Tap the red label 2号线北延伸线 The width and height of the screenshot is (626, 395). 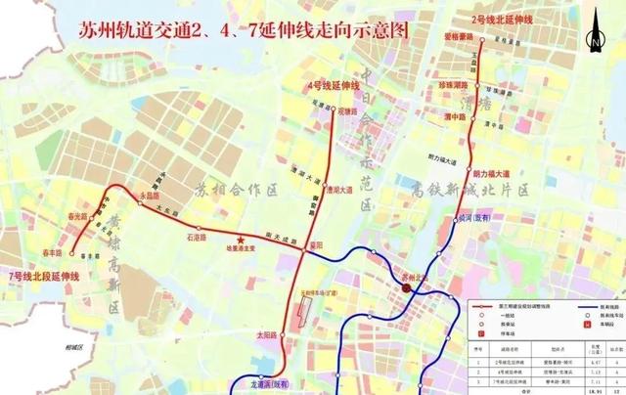click(503, 20)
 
